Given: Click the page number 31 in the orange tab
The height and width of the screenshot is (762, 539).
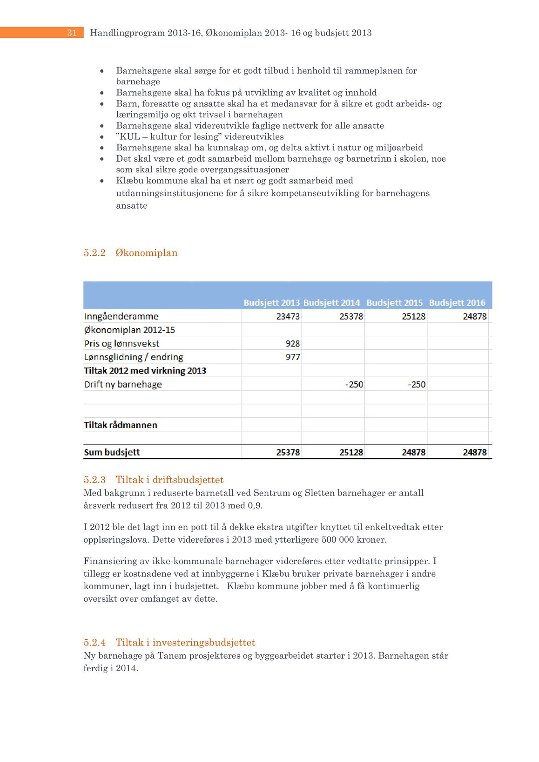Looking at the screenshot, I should click(x=72, y=33).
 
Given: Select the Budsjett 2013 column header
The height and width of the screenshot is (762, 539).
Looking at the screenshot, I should click(x=271, y=303).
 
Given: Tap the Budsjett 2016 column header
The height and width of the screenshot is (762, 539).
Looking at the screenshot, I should click(x=457, y=303).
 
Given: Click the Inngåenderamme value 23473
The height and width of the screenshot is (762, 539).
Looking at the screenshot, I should click(x=288, y=316).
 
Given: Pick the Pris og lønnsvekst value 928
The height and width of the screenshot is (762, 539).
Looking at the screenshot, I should click(x=292, y=344).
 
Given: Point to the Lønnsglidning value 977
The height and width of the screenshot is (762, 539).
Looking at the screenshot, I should click(x=292, y=357).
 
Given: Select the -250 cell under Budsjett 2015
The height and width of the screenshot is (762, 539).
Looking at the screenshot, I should click(x=416, y=384).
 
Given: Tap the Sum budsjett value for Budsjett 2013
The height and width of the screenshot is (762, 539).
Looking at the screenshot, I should click(x=288, y=452).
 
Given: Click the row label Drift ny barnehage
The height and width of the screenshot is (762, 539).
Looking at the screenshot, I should click(x=123, y=384).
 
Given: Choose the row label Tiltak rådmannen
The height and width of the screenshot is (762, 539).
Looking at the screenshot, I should click(x=121, y=425).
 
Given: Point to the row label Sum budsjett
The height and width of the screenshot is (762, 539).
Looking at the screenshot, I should click(x=112, y=452).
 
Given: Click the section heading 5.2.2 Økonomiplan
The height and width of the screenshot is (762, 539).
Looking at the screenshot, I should click(x=130, y=253).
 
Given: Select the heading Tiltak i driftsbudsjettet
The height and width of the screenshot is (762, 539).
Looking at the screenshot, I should click(x=169, y=480).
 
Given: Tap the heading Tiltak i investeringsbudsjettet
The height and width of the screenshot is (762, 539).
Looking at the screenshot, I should click(x=185, y=643).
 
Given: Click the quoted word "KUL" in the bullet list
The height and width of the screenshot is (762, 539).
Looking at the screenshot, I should click(x=128, y=137).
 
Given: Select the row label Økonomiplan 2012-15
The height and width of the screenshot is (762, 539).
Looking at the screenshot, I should click(x=129, y=330).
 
